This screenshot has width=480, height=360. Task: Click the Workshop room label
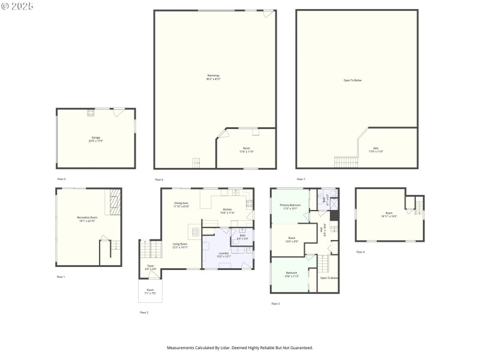213,77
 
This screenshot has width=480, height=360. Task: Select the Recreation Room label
87,218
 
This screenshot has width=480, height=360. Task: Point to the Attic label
376,150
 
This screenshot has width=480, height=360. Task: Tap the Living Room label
180,245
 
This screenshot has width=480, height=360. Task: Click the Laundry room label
223,254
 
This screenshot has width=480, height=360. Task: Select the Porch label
150,292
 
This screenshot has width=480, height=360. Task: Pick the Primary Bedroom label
290,206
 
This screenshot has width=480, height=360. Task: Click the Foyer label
151,267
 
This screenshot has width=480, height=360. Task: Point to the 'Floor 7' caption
301,179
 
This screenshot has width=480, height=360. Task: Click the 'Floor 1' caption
61,277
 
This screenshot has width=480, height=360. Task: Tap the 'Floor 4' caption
360,252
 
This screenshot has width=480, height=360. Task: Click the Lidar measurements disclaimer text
239,347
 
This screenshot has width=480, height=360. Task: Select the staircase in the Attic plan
345,162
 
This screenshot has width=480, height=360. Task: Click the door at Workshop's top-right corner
268,13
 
